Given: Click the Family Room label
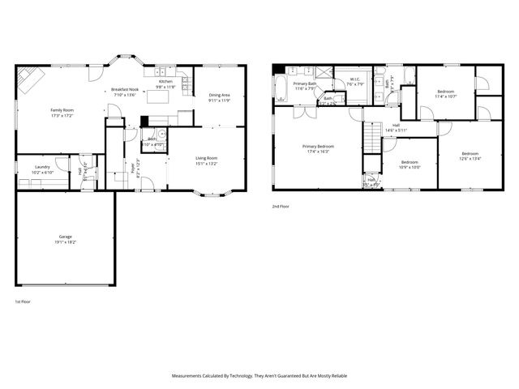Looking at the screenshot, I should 62,109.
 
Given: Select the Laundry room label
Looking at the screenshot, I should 42,166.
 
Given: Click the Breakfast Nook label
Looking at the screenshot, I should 125,89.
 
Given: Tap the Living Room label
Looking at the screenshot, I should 206,157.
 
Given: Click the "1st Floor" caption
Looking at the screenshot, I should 23,301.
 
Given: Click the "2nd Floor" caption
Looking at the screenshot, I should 281,207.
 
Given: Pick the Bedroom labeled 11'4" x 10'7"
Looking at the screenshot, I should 446,92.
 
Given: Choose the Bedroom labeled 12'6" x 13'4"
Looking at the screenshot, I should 470,154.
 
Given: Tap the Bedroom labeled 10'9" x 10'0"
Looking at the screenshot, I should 410,162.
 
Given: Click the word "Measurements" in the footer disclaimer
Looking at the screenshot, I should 190,376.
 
